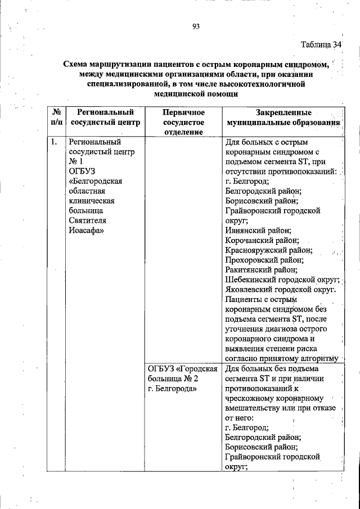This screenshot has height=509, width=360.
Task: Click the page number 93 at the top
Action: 196,26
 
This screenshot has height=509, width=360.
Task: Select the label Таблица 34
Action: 321,45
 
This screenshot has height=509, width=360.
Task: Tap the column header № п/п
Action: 57,116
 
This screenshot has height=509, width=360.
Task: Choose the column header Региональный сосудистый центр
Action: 105,116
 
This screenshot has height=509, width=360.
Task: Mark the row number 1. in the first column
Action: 55,142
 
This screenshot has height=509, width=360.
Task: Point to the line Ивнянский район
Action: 258,230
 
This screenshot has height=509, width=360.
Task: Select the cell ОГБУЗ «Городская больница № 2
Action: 182,373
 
